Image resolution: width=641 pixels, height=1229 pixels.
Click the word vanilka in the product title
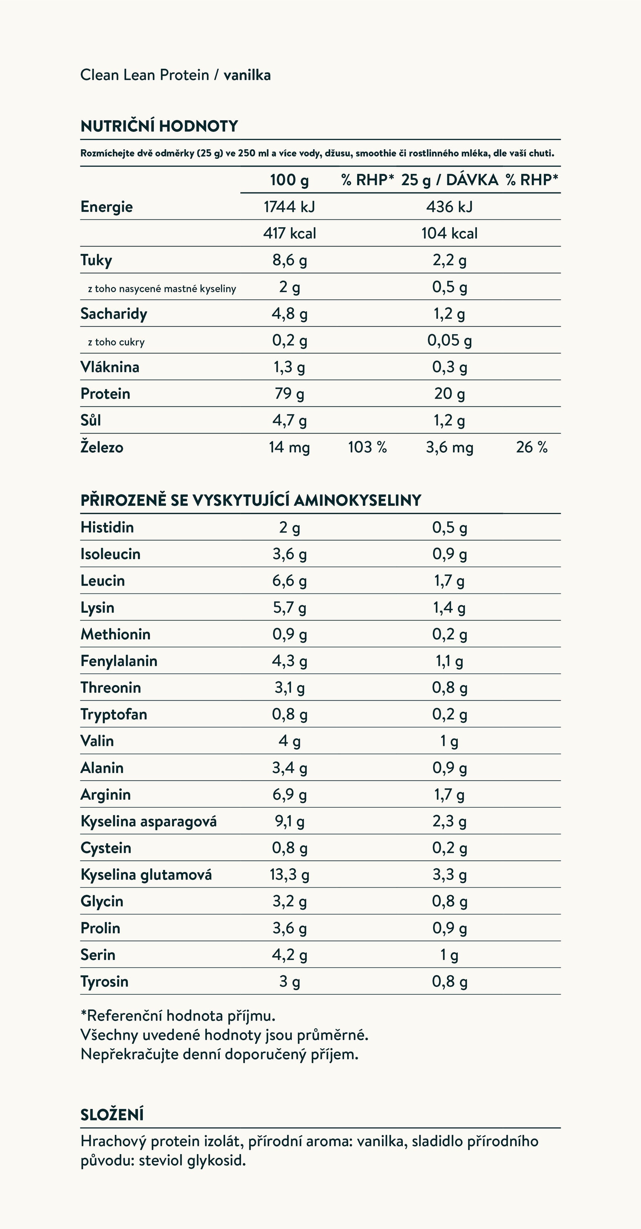tap(247, 75)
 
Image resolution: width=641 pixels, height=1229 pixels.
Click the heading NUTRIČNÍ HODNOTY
tap(159, 126)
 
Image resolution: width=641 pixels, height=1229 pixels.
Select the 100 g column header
tap(289, 180)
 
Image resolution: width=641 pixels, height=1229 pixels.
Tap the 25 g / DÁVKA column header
tap(449, 180)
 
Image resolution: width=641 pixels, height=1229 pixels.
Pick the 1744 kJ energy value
tap(289, 207)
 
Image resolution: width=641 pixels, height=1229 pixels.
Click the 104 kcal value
tap(449, 233)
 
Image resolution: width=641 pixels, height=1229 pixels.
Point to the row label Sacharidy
tap(114, 313)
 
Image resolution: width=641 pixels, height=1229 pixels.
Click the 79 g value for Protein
tap(289, 394)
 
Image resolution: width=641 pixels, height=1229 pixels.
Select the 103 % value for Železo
tap(367, 447)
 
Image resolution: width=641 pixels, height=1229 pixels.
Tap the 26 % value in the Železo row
tap(531, 447)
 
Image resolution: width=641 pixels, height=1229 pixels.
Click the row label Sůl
tap(90, 420)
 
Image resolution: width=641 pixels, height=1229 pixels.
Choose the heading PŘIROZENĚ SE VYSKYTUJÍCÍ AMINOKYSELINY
tap(251, 500)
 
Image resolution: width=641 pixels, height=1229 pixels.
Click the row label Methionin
tap(115, 634)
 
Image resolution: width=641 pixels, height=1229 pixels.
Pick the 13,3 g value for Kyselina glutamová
tap(289, 875)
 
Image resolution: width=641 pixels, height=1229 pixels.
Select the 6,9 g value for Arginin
tap(289, 794)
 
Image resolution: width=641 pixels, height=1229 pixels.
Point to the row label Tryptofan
tap(114, 714)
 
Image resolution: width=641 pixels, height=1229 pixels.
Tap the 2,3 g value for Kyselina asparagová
tap(449, 821)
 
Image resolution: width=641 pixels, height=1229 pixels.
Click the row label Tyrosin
tap(104, 981)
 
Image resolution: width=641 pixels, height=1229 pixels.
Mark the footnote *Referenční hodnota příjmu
tap(178, 1016)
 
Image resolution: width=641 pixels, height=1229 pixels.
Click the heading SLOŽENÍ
tap(112, 1115)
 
